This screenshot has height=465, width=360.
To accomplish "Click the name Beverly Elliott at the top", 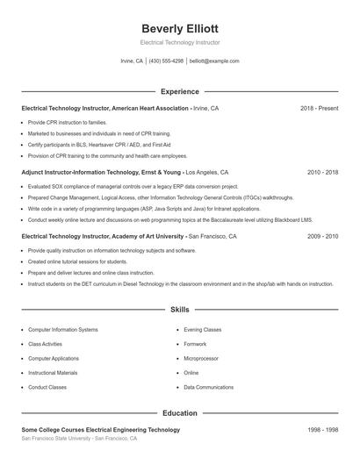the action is [x=179, y=26].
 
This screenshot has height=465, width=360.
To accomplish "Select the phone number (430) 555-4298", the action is [x=166, y=61].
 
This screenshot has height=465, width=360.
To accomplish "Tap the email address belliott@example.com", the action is [x=214, y=61].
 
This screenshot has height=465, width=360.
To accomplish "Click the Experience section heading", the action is [x=179, y=91].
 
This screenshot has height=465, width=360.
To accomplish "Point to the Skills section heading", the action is [x=179, y=310].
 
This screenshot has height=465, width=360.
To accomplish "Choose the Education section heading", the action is [x=179, y=412].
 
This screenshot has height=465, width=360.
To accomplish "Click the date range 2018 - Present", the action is [x=319, y=108].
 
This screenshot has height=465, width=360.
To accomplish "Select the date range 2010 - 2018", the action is [x=322, y=173].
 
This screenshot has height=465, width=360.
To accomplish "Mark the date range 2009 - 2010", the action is [x=322, y=236].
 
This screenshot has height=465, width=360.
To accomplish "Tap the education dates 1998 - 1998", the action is [x=322, y=430].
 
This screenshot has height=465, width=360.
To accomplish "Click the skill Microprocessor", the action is [x=201, y=358].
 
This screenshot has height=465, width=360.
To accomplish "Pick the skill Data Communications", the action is [x=209, y=387].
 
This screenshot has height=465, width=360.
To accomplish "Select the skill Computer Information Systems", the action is [x=63, y=330].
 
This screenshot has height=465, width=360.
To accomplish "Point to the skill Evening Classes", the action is [x=203, y=330].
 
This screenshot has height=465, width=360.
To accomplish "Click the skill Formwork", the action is [x=195, y=344].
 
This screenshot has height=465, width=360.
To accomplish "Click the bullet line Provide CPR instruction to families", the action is [x=68, y=123].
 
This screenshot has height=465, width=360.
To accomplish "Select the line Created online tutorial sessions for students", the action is [x=77, y=261].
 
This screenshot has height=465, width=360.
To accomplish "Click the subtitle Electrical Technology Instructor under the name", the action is [x=179, y=42].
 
